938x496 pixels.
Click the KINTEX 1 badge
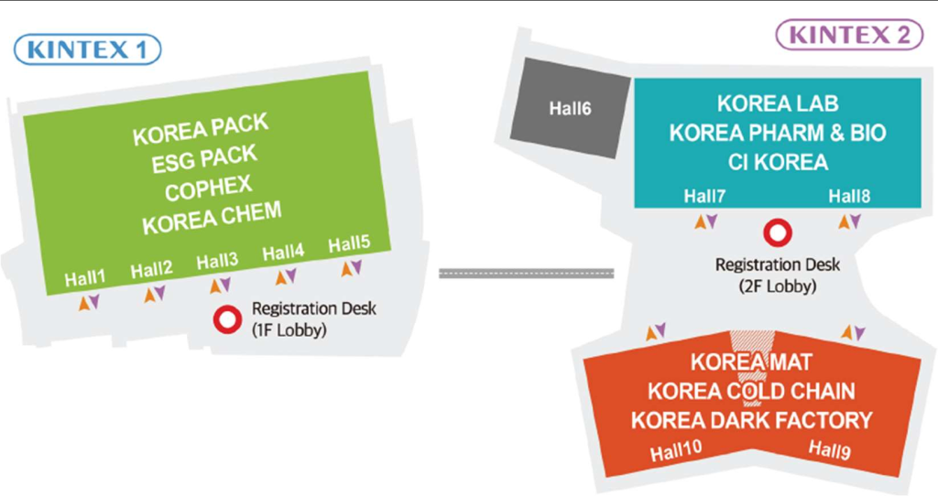pos(87,49)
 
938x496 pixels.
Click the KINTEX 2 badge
pos(849,35)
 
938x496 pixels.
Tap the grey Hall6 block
pos(571,108)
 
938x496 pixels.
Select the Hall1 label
pos(85,278)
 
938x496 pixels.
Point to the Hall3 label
pos(217,261)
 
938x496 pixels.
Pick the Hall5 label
pos(349,243)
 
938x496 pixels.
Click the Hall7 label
pos(704,196)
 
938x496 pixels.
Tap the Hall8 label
pos(849,196)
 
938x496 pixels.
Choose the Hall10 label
pos(676,450)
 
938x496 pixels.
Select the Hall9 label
pos(829,449)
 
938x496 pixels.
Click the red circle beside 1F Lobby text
pos(227,319)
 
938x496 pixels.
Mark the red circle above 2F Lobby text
pos(778,233)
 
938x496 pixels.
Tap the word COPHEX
pos(208,189)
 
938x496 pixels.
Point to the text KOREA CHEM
pos(212,218)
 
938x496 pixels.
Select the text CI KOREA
pos(778,162)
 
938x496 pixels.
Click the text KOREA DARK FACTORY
pos(751,420)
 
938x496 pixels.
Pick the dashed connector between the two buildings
pos(527,273)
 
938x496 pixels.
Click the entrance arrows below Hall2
pos(155,294)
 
